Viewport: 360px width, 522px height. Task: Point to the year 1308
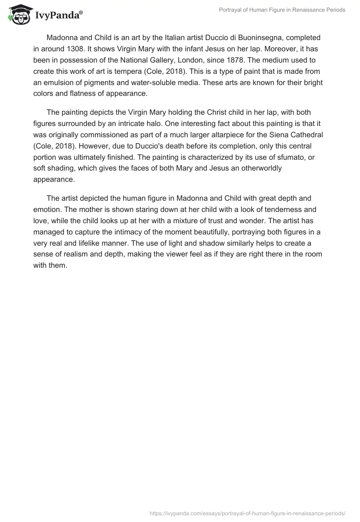tap(75, 49)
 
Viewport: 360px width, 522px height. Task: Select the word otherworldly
tap(279, 168)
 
